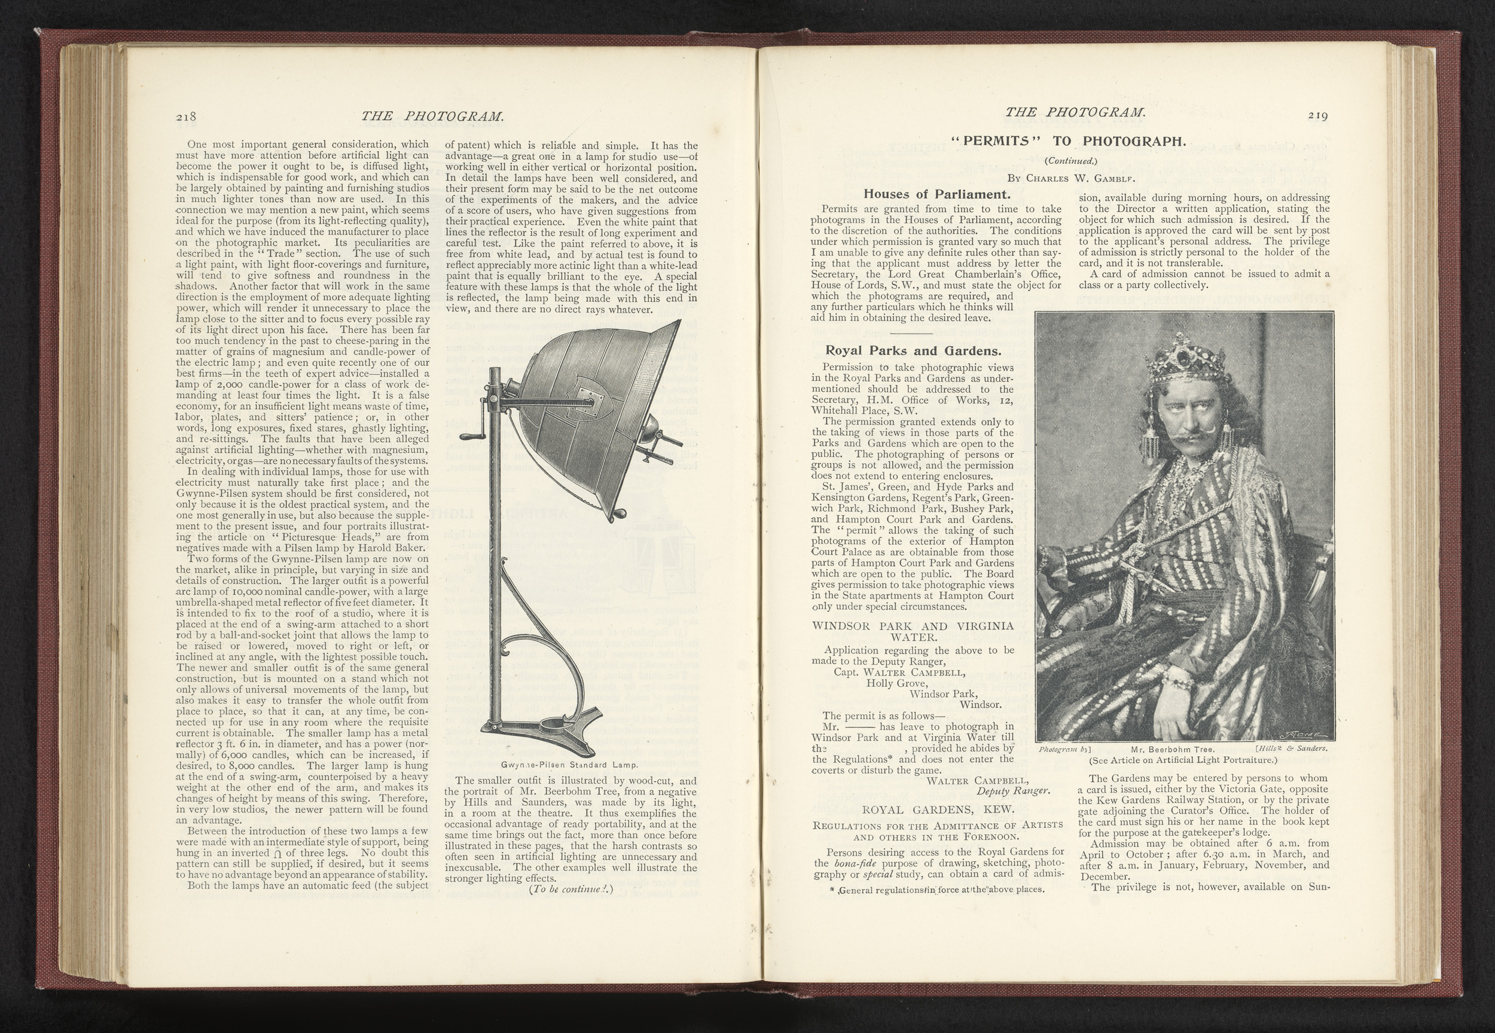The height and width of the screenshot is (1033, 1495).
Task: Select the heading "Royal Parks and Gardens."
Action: click(x=913, y=352)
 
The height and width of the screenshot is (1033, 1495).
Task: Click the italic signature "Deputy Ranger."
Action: click(x=1013, y=791)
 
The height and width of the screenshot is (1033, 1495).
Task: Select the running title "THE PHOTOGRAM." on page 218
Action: click(x=432, y=117)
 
